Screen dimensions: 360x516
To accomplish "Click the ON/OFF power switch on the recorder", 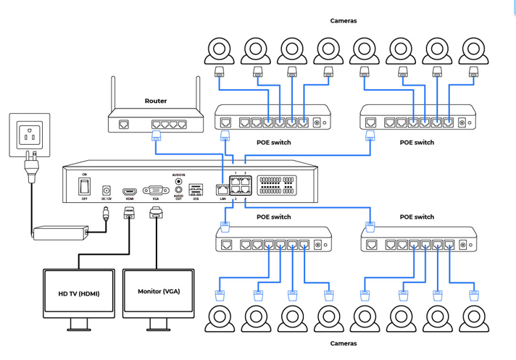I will tap(85, 185).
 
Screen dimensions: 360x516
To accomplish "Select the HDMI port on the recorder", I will tap(130, 189).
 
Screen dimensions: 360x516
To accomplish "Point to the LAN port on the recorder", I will tap(222, 190).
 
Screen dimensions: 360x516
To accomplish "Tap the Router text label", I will tap(156, 101).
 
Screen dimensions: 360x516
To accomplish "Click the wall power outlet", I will tap(29, 135).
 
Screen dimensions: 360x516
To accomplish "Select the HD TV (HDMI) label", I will tap(79, 293).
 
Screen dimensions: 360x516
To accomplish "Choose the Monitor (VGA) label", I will tap(159, 291).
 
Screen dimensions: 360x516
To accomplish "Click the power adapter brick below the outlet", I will tap(61, 233).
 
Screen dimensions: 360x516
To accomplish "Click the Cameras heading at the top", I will tap(344, 21).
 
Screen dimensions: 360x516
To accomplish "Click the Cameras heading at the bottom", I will tap(344, 343).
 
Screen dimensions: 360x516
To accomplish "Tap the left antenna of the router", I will tap(112, 94).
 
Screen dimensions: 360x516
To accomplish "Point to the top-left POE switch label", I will tap(273, 143).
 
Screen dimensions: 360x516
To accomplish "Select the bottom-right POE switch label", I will tap(417, 217).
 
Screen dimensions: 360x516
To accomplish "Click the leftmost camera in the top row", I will tap(218, 50).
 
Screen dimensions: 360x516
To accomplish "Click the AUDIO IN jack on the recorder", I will tap(178, 182).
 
